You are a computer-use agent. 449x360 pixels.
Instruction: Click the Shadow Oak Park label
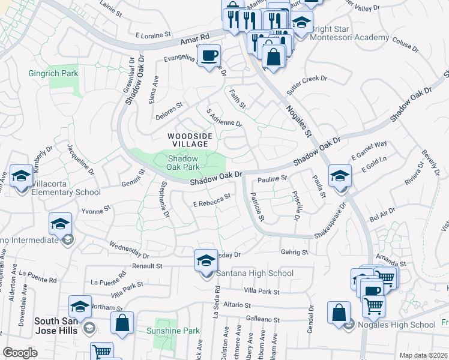[183, 161]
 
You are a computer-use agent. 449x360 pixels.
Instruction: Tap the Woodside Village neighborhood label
[190, 140]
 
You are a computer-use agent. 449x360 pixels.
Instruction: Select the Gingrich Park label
[53, 74]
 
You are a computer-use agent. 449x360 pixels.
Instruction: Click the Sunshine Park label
[173, 331]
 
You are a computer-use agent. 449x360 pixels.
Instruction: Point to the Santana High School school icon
[206, 262]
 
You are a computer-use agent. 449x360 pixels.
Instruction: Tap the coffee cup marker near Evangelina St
[209, 56]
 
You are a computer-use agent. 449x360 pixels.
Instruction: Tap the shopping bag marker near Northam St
[122, 323]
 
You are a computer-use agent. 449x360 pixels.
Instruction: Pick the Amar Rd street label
[195, 40]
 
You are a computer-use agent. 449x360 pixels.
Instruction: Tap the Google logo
[20, 353]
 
